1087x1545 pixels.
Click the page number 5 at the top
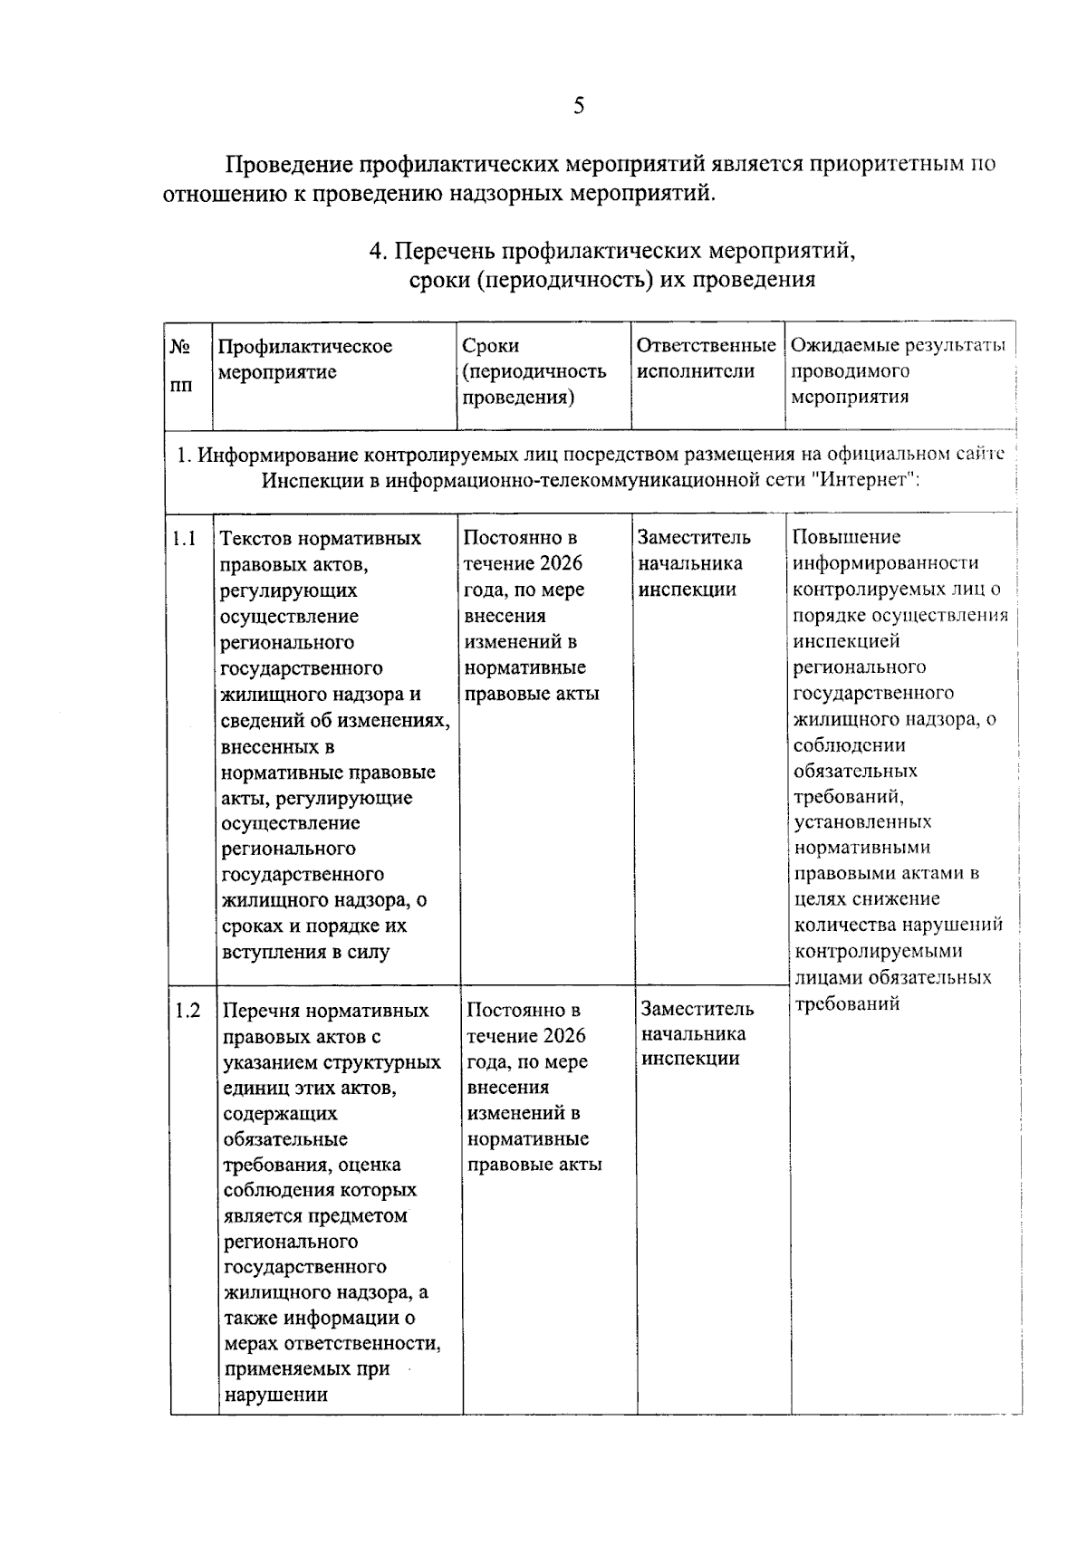point(578,107)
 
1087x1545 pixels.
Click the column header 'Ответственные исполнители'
point(706,359)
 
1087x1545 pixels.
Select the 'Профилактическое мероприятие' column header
point(305,359)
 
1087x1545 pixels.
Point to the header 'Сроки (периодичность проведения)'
point(534,371)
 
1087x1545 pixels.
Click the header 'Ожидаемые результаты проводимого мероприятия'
point(898,370)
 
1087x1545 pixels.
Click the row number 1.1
point(184,539)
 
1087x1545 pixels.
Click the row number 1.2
point(188,1010)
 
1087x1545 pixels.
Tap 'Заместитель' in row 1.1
point(694,538)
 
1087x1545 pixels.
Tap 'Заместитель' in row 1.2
point(697,1009)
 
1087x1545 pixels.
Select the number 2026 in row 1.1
point(561,563)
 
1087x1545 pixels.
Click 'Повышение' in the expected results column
point(835,537)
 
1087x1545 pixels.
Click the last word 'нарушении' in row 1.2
point(275,1395)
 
